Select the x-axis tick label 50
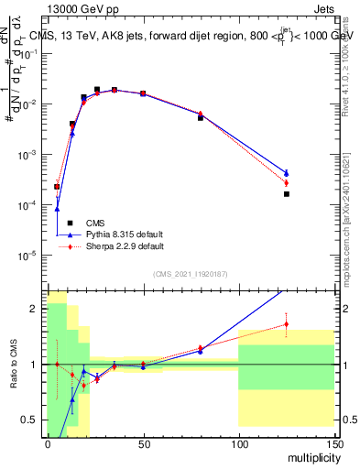point(143,443)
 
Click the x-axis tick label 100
point(238,443)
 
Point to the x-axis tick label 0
point(48,443)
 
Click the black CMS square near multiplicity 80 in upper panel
point(201,118)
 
